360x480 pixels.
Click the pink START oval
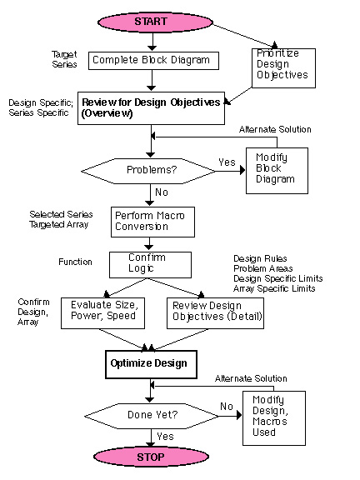pos(155,22)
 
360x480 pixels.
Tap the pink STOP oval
pos(151,457)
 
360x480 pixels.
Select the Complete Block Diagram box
pos(153,61)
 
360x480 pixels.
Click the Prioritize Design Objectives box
pos(283,68)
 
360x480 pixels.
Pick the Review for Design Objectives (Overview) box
pos(151,108)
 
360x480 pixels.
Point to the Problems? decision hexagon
pos(148,171)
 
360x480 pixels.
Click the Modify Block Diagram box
pos(277,171)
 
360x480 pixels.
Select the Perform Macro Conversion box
pos(152,222)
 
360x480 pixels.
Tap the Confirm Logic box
pos(150,265)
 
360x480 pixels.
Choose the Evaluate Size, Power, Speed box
pos(102,313)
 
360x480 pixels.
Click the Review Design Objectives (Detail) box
pos(215,313)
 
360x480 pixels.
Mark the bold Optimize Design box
pos(151,364)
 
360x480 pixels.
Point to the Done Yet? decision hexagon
pos(152,416)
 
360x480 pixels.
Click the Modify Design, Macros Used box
pos(274,417)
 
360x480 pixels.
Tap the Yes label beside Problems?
pos(227,162)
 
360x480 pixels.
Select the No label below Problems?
pos(162,192)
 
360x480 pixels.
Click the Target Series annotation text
pos(64,59)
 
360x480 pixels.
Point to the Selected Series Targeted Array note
pos(61,219)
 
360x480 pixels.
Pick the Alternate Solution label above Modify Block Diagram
pos(275,129)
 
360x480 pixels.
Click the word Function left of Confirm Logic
pos(75,262)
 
